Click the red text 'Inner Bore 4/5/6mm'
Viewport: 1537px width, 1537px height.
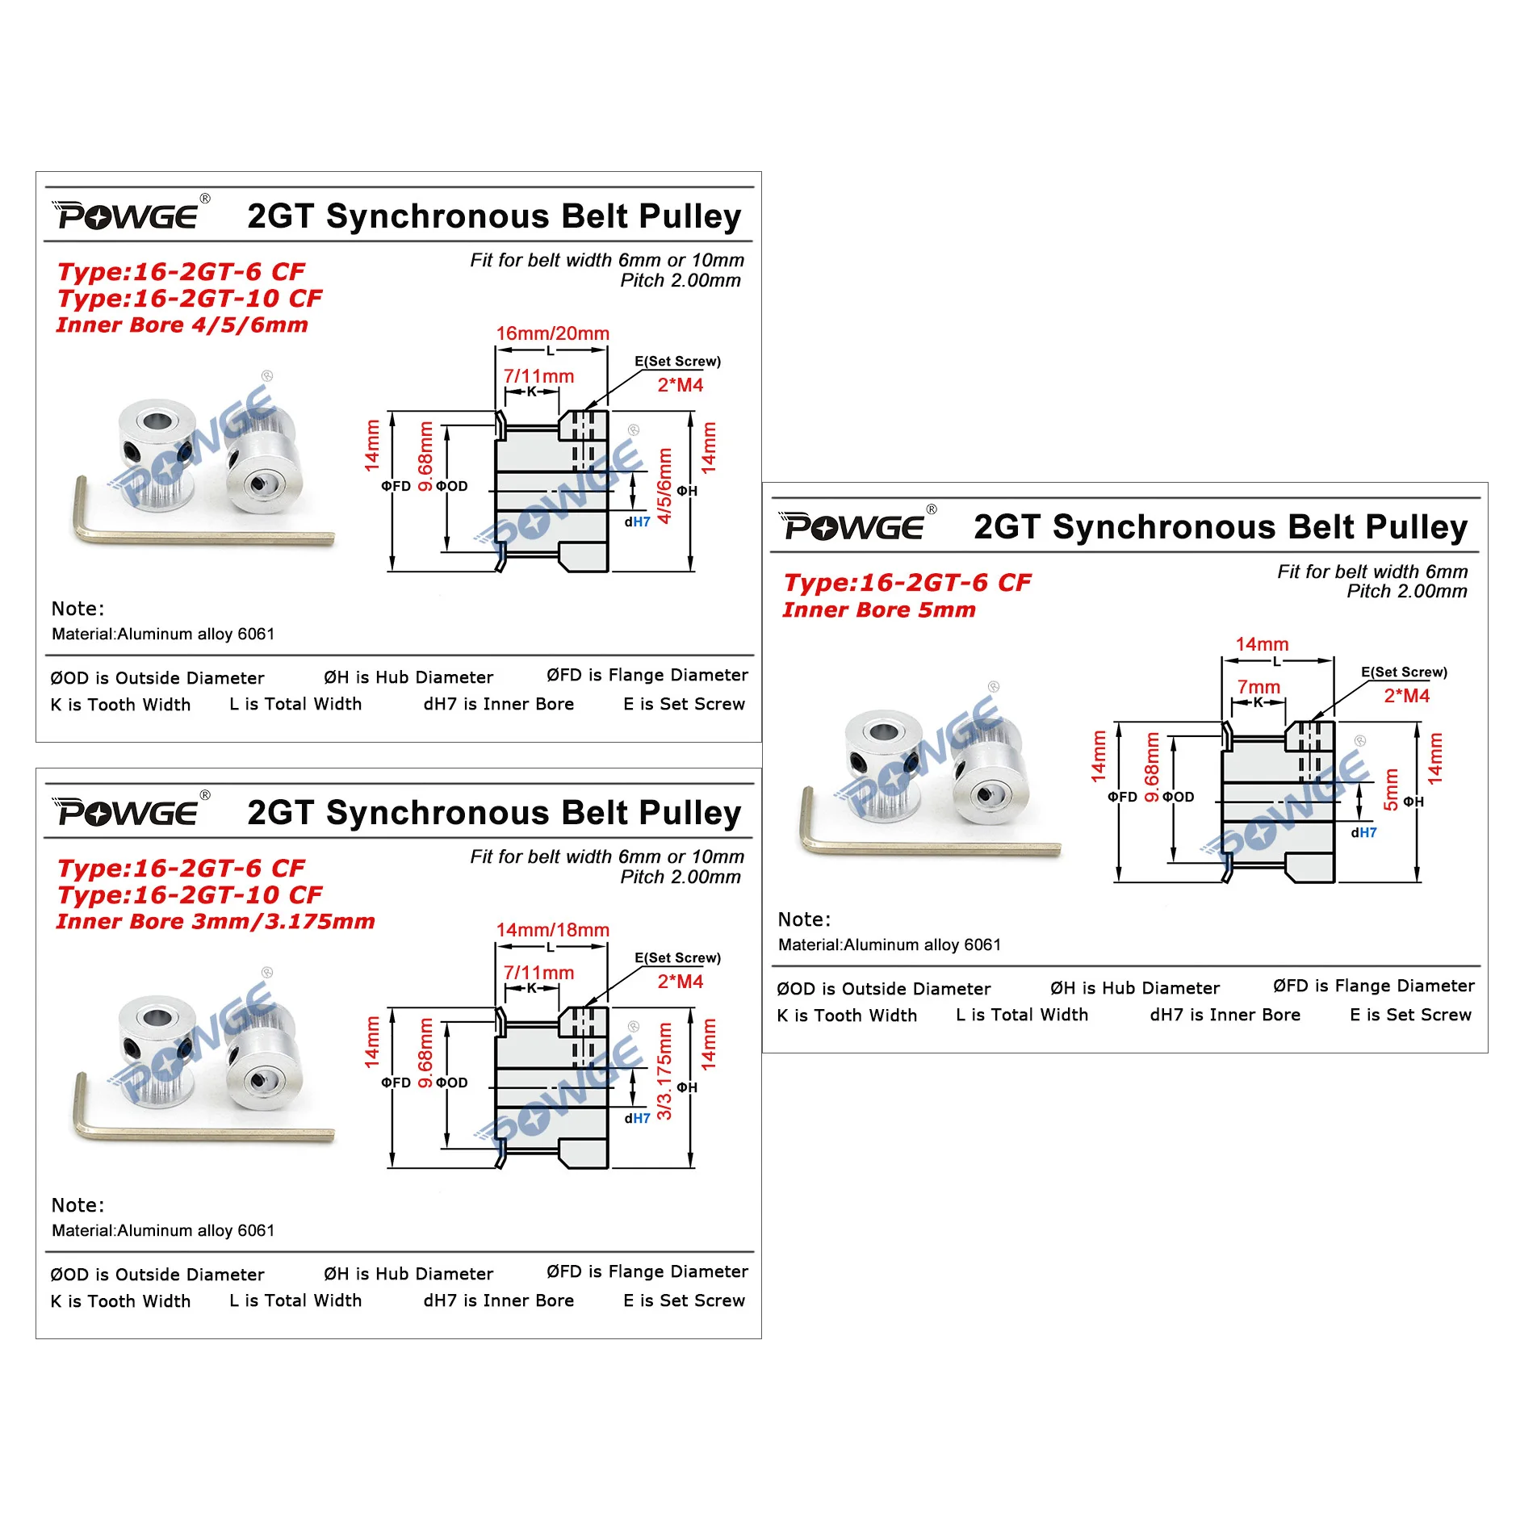point(182,325)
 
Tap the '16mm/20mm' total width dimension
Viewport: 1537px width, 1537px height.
point(552,333)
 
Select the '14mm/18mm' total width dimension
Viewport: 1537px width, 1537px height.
point(552,930)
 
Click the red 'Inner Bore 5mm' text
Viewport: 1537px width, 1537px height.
point(878,610)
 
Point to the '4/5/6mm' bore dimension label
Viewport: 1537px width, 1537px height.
point(664,487)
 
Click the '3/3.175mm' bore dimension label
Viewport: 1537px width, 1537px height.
point(664,1071)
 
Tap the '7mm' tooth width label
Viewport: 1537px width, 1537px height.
point(1258,687)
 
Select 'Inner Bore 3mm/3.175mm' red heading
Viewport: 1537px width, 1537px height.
point(215,922)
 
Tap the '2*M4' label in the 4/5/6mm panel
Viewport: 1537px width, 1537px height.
point(680,385)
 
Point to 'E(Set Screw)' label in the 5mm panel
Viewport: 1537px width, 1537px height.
point(1404,672)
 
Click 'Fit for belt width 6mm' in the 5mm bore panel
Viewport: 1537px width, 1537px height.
point(1372,572)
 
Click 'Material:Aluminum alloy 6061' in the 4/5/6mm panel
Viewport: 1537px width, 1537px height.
point(163,634)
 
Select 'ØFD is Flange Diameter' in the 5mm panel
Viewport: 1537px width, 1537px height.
point(1373,986)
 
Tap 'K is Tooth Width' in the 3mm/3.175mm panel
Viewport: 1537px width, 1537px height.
point(120,1301)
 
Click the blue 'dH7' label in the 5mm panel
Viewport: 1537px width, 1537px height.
point(1363,832)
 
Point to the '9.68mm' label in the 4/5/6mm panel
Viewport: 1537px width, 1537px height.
point(425,457)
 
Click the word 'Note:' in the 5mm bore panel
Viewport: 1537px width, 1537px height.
point(804,919)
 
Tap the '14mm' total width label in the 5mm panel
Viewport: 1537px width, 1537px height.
point(1262,644)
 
